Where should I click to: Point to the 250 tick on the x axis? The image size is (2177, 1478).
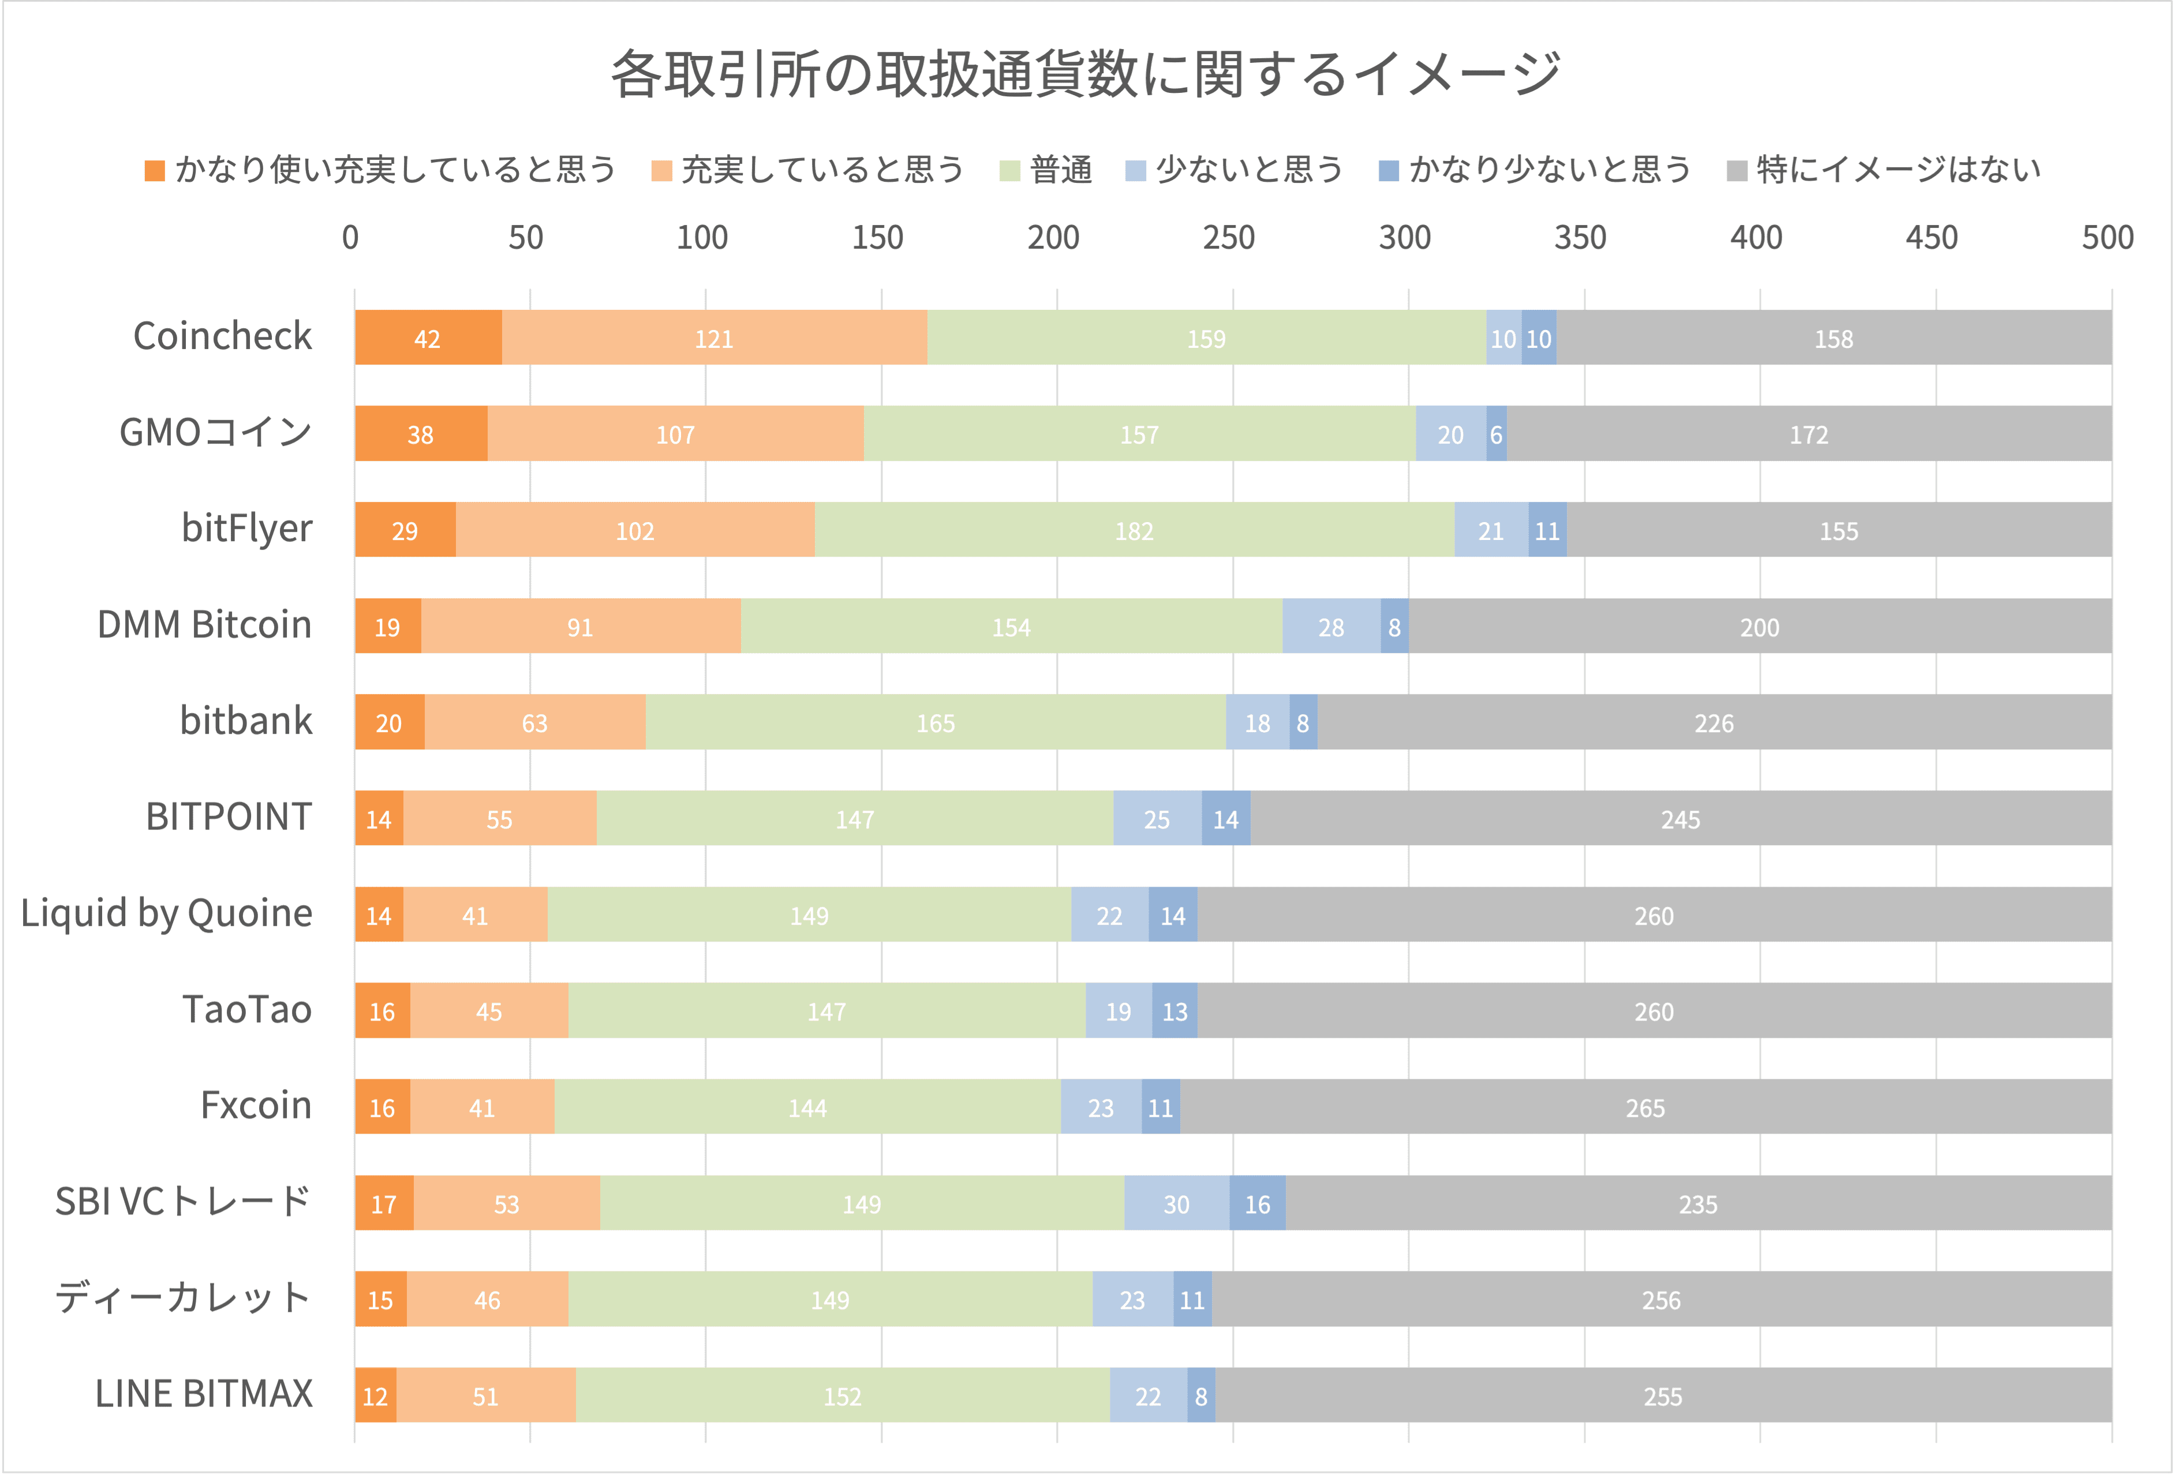[1229, 238]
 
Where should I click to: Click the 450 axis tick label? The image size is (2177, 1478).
[1932, 238]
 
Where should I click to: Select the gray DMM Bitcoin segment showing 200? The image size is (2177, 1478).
[1759, 627]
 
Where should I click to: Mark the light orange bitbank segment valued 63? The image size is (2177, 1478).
[535, 722]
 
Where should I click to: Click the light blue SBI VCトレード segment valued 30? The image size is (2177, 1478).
[1177, 1203]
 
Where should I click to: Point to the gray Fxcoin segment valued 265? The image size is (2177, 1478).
[1645, 1107]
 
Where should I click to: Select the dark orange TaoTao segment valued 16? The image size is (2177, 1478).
[382, 1011]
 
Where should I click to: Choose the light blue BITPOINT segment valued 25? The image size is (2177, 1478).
[1157, 819]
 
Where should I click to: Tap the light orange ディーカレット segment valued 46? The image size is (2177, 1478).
[487, 1299]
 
